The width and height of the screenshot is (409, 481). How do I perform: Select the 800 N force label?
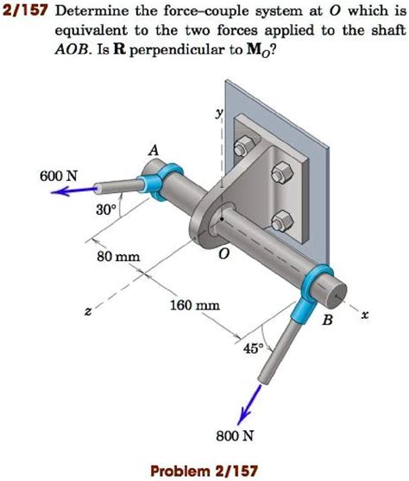[x=235, y=434]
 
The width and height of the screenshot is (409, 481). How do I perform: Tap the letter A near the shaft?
[x=154, y=150]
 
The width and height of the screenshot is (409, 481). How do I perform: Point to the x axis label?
[x=364, y=317]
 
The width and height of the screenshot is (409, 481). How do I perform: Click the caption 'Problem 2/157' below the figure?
[x=204, y=470]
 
